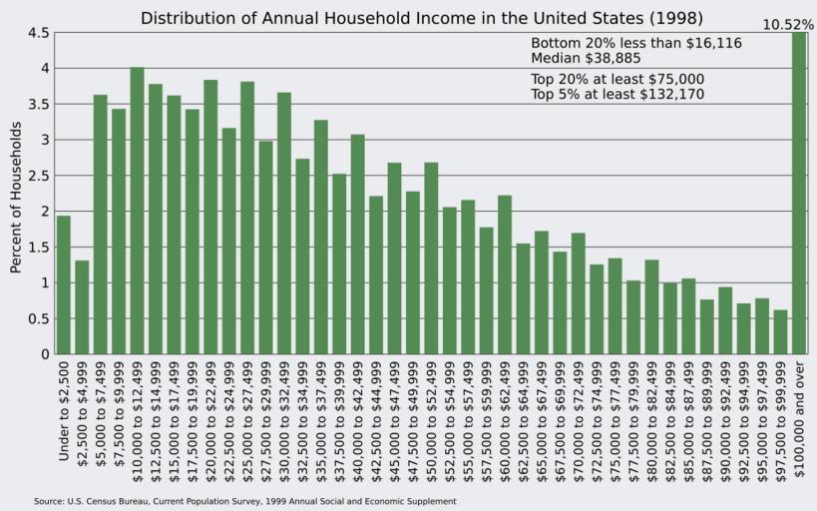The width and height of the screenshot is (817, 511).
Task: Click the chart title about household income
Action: coord(421,18)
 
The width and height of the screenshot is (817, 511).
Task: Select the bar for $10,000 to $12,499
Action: coord(137,211)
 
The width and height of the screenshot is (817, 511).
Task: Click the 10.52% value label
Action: coord(788,24)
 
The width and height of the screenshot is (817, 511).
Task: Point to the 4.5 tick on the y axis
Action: coord(39,33)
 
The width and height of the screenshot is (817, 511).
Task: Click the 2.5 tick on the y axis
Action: coord(39,176)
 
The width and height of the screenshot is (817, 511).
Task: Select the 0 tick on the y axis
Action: coord(44,354)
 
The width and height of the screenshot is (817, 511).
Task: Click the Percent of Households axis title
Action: coord(16,198)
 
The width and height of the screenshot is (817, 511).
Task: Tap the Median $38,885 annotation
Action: coord(585,59)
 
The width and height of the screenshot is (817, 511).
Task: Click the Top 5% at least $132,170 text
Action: coord(617,95)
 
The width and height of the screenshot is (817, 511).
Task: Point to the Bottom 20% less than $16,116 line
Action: coord(635,44)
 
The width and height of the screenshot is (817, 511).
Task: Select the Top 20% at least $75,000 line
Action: coord(617,79)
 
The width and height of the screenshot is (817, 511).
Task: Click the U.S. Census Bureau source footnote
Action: coord(244,501)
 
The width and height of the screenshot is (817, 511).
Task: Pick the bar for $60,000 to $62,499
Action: coord(505,274)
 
